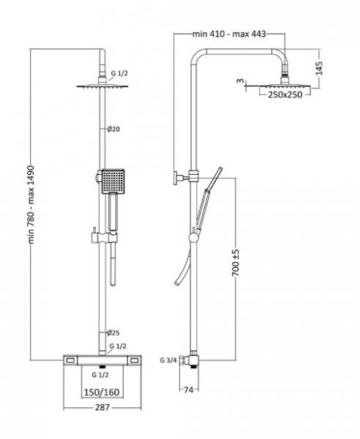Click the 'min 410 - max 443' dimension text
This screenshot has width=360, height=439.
point(229,34)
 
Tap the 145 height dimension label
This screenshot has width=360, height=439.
point(319,68)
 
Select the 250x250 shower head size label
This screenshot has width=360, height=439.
point(285,94)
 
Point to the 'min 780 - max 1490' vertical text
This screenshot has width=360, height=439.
point(31,205)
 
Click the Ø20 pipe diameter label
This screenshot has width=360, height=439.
point(113,129)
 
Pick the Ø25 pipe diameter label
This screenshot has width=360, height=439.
point(113,333)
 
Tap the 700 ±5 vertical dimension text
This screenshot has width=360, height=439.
point(236,263)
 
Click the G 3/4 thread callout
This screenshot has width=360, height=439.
point(168,360)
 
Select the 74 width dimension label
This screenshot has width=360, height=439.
point(189,390)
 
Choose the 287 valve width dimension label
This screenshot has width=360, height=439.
point(102,408)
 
